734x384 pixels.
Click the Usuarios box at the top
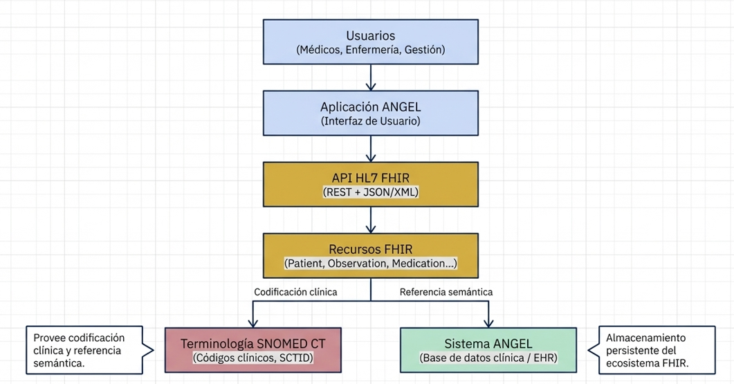[371, 42]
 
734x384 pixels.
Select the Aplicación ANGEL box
[371, 113]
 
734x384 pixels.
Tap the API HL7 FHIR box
[371, 184]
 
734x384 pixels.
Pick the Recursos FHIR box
[371, 255]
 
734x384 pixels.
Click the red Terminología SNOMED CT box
[253, 349]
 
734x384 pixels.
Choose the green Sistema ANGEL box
[488, 349]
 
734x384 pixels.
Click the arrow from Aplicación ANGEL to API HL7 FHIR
[371, 149]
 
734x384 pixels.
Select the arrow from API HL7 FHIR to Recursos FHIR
[371, 220]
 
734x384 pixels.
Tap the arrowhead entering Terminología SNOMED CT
[253, 322]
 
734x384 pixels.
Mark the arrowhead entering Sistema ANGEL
[489, 322]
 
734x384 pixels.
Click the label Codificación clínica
[295, 292]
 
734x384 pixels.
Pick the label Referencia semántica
[446, 292]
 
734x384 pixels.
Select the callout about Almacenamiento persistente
[650, 350]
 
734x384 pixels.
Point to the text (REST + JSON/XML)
[371, 193]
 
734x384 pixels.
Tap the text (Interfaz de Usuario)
[371, 121]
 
